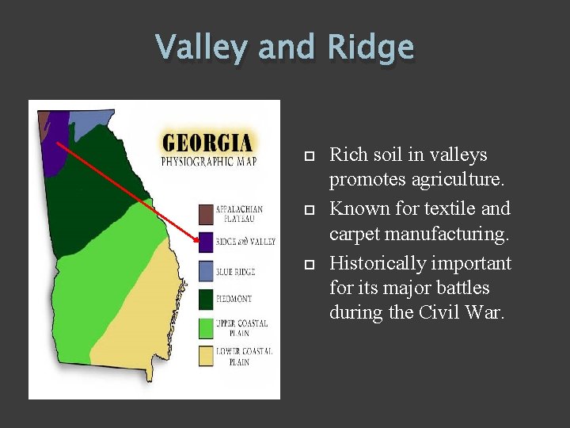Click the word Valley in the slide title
click(203, 48)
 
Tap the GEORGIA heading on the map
click(207, 143)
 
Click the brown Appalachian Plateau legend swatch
click(206, 214)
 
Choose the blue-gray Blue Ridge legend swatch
click(206, 271)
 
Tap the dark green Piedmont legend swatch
click(206, 300)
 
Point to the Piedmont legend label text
click(234, 300)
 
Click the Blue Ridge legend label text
click(235, 272)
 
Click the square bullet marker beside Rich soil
click(309, 156)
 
